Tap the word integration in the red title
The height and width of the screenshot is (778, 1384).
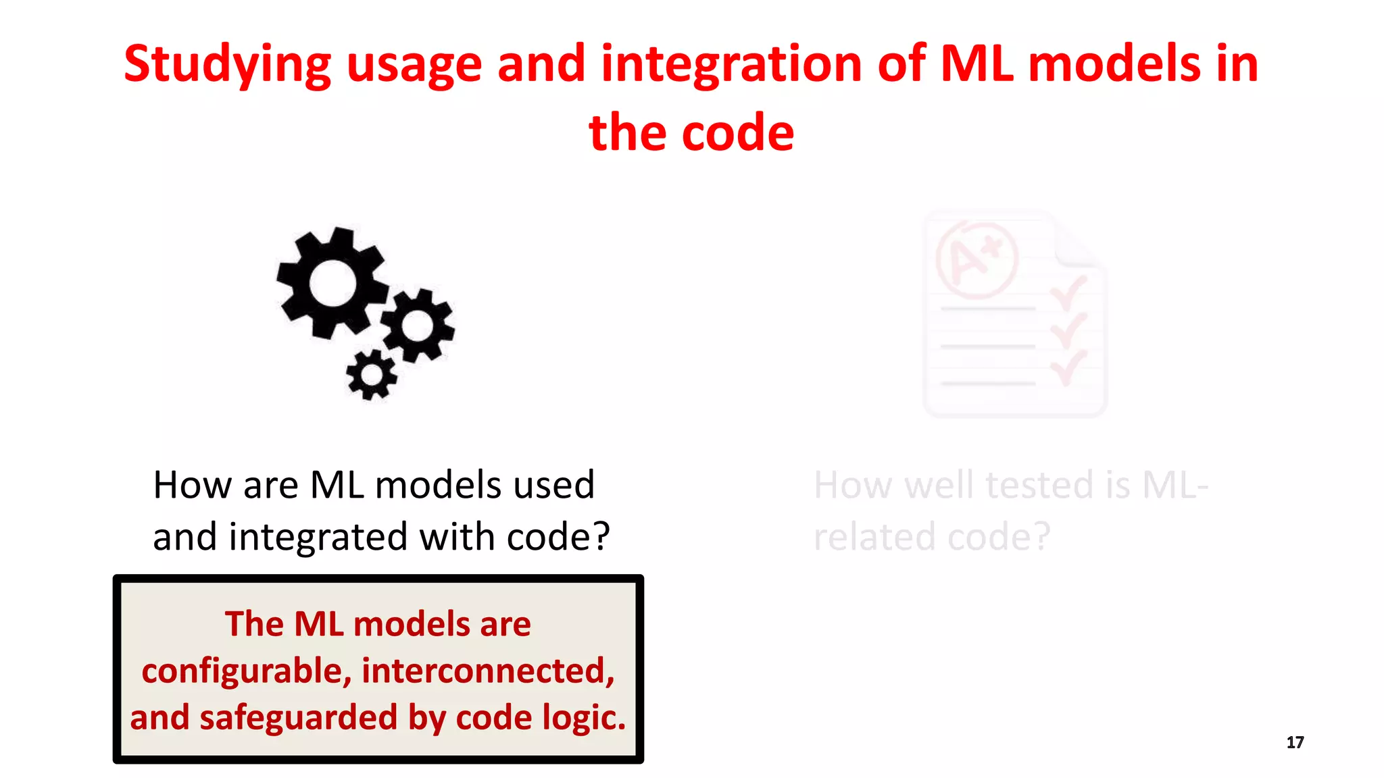[x=731, y=64]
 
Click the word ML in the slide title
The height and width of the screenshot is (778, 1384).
[x=977, y=64]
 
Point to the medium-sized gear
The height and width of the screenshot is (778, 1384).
[x=418, y=326]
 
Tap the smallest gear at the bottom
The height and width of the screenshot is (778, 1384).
[x=371, y=374]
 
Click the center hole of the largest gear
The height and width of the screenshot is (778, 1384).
[x=332, y=282]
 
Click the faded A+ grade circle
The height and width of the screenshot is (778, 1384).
[x=977, y=260]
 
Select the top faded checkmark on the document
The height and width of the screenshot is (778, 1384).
[x=1068, y=292]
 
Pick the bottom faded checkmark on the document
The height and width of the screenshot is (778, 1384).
[x=1068, y=367]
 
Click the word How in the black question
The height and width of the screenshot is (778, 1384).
[x=192, y=486]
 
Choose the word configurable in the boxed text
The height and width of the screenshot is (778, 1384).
[x=246, y=671]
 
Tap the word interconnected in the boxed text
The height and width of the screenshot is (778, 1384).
[x=488, y=671]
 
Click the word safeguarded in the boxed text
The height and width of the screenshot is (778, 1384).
[x=297, y=718]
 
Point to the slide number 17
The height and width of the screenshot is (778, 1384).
[x=1295, y=743]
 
